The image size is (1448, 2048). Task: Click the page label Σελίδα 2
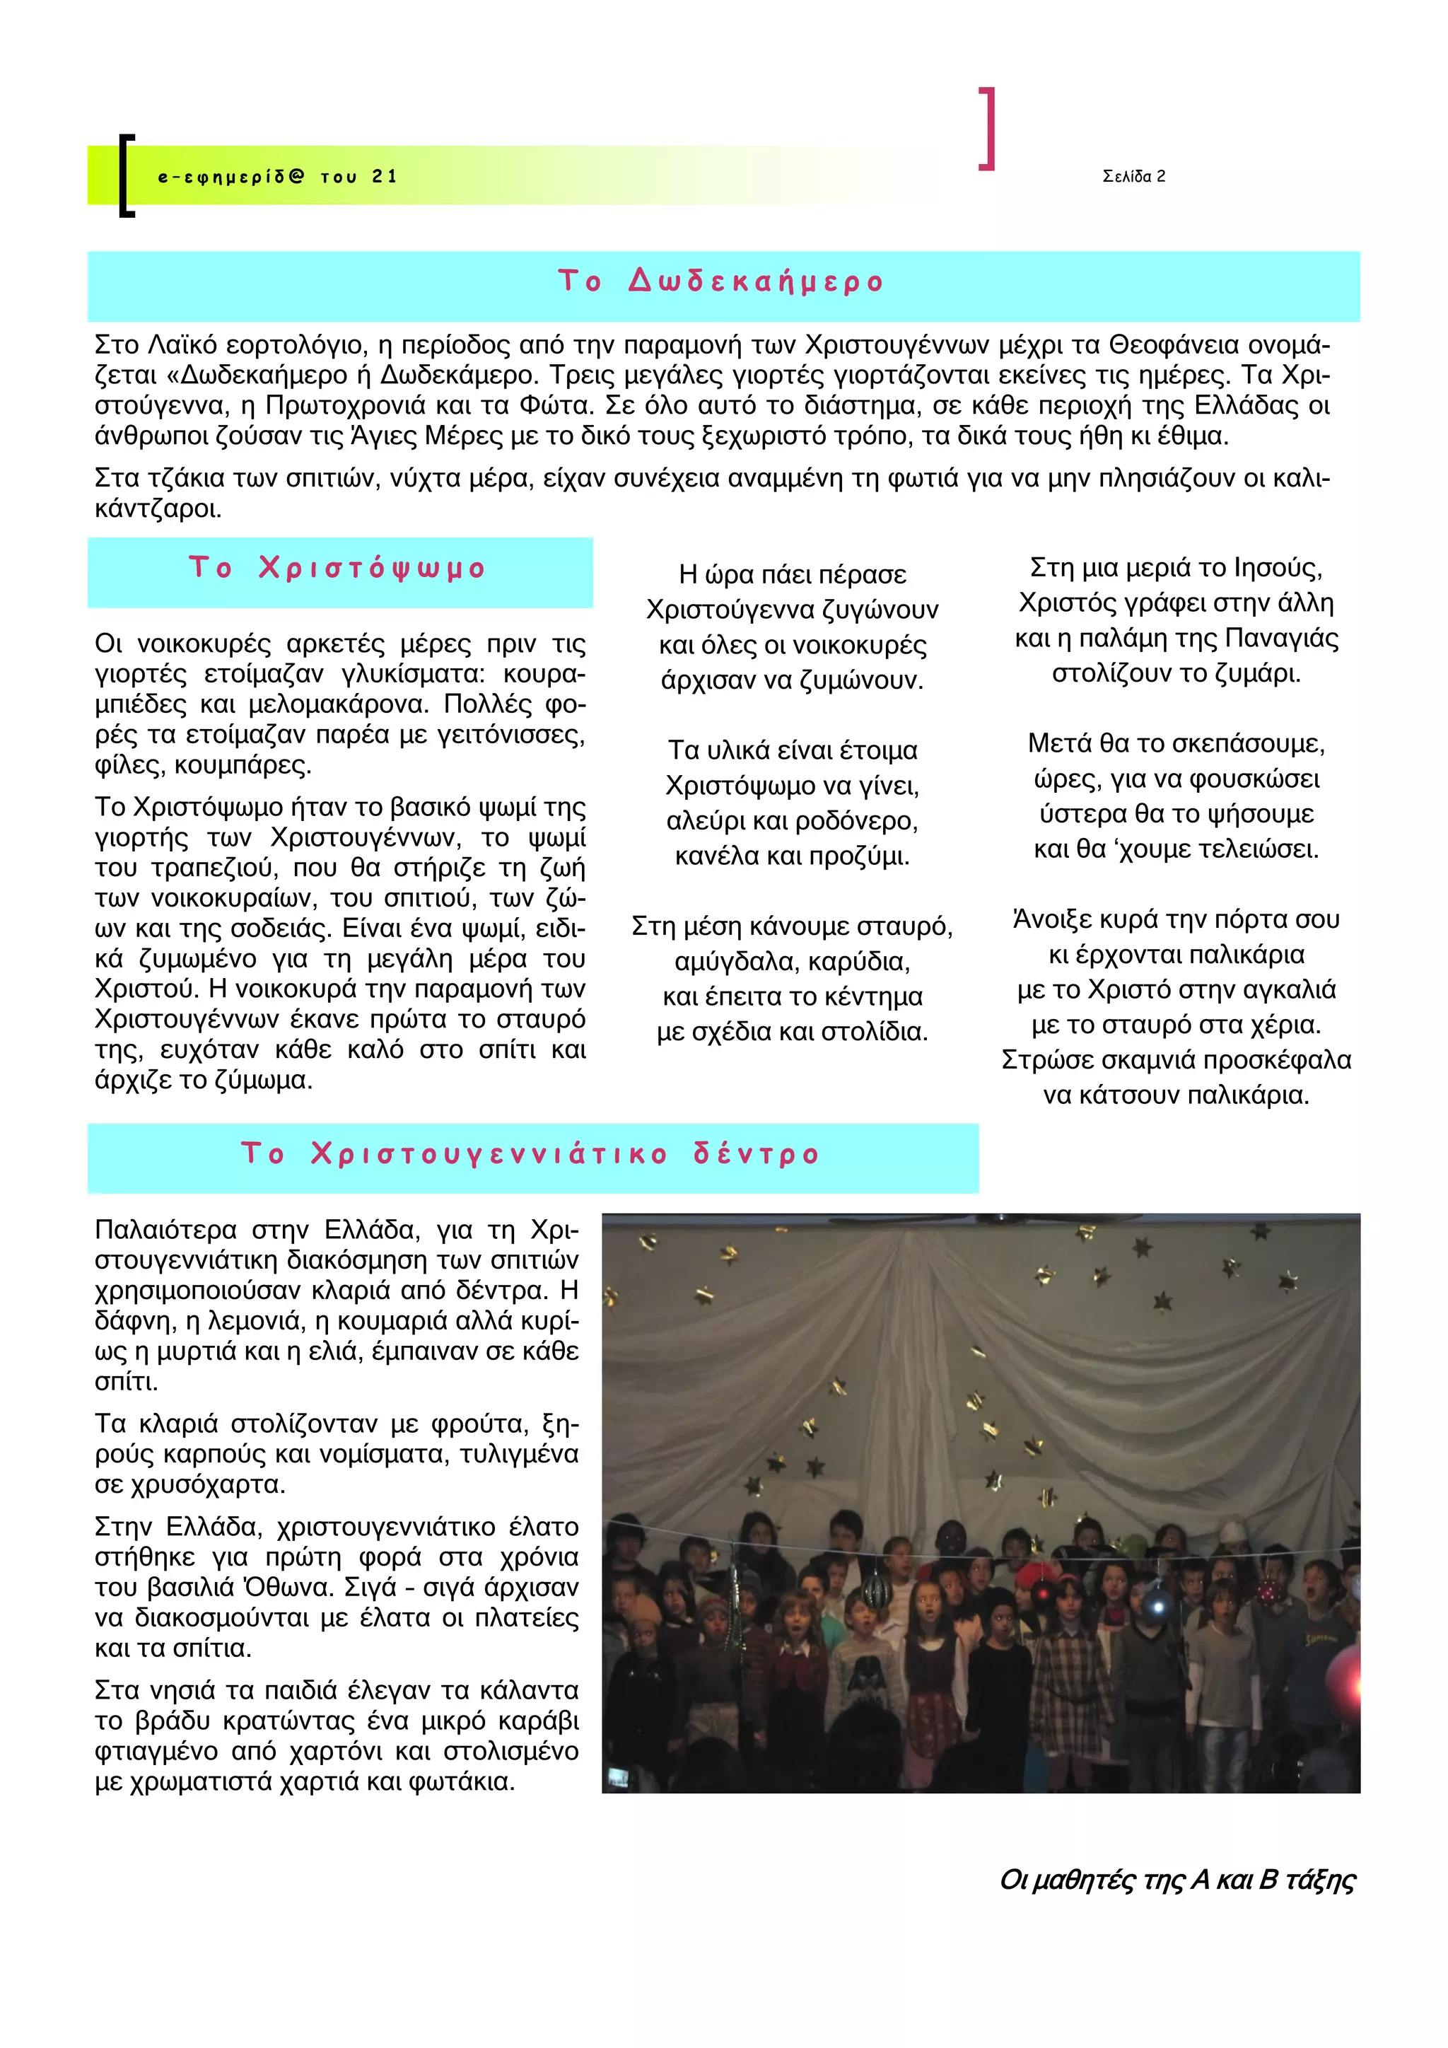pos(1133,177)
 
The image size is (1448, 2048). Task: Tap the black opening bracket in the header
pos(126,175)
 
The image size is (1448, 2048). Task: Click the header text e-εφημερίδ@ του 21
pos(276,177)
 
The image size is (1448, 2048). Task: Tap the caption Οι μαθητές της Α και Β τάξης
pos(1177,1880)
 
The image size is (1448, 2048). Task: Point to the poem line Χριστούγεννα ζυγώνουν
pos(792,610)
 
